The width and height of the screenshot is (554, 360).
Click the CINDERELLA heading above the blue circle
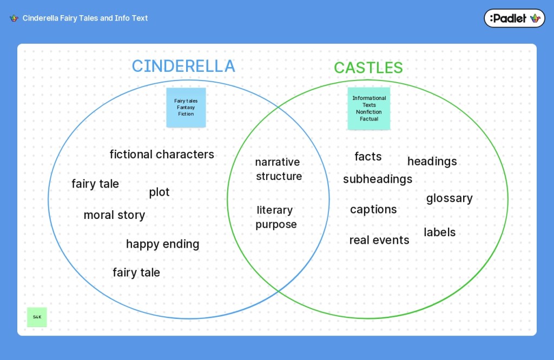coord(183,66)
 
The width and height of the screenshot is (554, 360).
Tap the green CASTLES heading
coord(368,68)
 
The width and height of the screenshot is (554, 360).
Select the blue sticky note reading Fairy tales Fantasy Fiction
coord(186,108)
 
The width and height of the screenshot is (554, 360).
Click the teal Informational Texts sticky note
coord(369,109)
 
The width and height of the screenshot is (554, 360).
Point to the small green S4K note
coord(37,317)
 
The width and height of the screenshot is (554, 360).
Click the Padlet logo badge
coord(514,18)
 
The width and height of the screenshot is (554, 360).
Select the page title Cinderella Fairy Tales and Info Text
coord(85,18)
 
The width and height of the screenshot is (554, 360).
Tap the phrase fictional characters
coord(162,155)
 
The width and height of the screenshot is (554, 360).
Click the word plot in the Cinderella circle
coord(159,192)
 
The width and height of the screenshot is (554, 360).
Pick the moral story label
coord(114,215)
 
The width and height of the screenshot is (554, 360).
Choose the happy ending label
coord(162,244)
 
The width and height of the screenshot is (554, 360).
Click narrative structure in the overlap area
coord(279,169)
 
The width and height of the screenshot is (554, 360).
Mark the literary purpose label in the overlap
coord(276,217)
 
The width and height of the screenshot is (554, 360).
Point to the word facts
coord(368,157)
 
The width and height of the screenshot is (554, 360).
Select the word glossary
coord(449,198)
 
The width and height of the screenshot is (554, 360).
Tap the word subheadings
coord(378,179)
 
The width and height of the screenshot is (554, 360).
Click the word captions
coord(373,210)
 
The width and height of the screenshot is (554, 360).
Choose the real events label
coord(379,240)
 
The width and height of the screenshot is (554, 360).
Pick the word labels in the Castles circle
coord(439,232)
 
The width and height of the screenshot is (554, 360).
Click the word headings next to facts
coord(432,162)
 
